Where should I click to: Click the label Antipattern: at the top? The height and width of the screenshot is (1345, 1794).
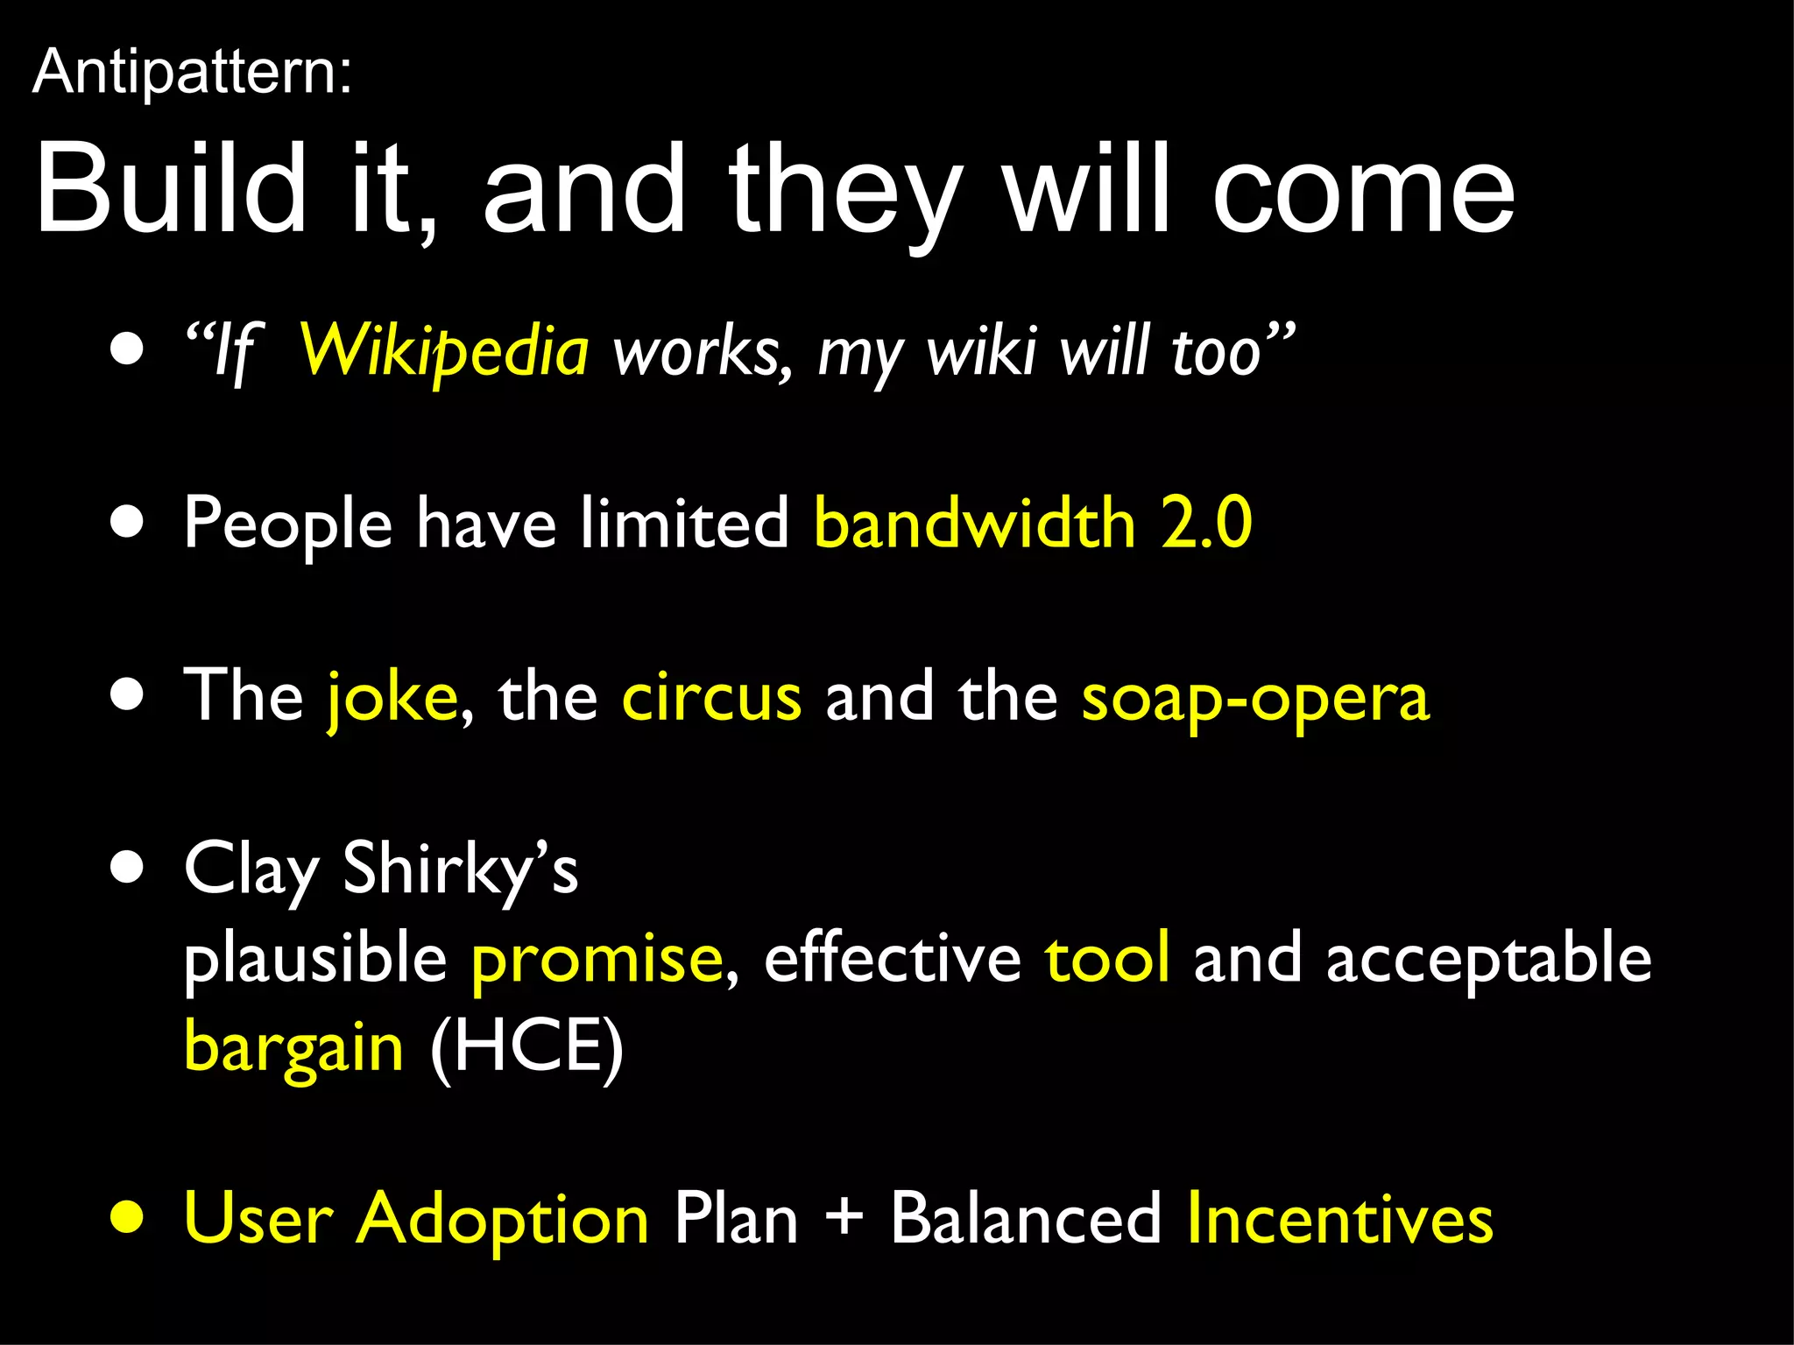point(192,72)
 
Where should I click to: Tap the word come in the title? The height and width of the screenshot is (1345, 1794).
point(1363,190)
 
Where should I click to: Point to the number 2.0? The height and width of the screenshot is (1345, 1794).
point(1206,524)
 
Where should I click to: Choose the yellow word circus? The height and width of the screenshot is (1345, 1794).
point(711,698)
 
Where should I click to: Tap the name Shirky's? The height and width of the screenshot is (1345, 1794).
point(460,869)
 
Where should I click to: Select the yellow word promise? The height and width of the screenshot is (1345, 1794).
point(597,958)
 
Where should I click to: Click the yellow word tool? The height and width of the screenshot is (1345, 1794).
point(1107,958)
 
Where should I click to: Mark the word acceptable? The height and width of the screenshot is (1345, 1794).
point(1488,960)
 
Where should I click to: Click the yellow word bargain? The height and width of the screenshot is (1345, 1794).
point(293,1047)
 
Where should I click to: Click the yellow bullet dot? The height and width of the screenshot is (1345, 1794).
point(128,1217)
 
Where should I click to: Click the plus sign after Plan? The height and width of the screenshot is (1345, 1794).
point(844,1217)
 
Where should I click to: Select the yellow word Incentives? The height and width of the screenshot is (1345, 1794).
point(1340,1218)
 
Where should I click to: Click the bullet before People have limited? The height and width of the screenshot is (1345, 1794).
point(128,523)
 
